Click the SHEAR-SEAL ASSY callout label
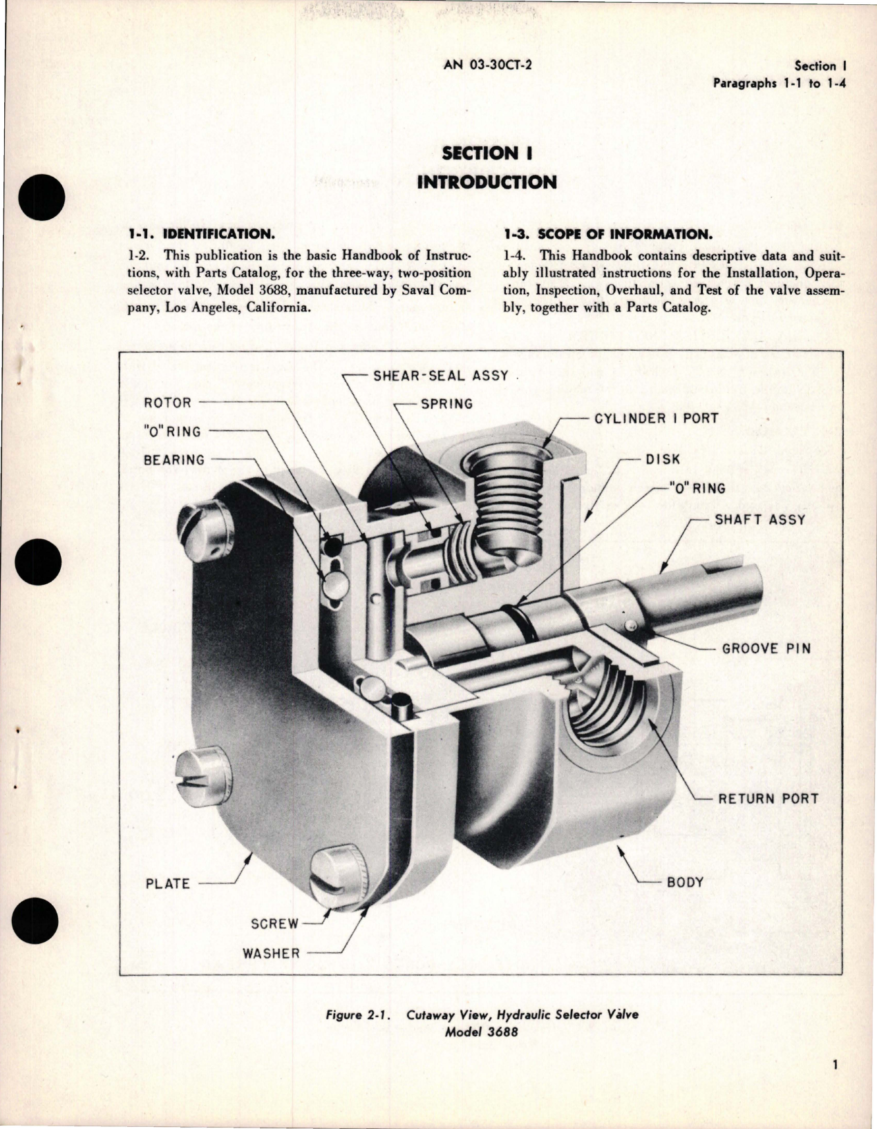pyautogui.click(x=440, y=376)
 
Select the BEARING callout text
pyautogui.click(x=174, y=460)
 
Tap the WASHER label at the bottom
pyautogui.click(x=271, y=954)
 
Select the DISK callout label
pyautogui.click(x=663, y=459)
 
